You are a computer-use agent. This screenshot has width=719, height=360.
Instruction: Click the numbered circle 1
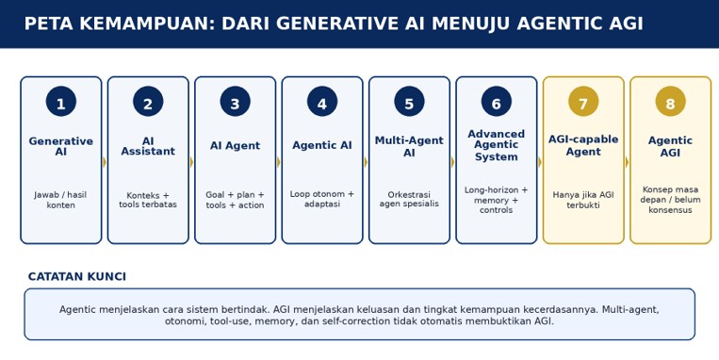coord(61,102)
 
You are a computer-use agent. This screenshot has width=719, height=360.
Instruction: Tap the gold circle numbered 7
coord(583,102)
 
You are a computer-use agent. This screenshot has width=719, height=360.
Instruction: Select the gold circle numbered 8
coord(670,102)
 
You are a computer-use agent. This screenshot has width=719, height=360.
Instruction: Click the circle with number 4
coord(322,102)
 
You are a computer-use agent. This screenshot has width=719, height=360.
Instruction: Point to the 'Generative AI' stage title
coord(61,146)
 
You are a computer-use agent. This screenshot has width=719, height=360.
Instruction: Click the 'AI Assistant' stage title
coord(148,146)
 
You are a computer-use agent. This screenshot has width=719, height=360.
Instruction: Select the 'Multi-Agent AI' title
coord(409,146)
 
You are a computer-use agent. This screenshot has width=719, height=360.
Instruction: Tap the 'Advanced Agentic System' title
coord(497,145)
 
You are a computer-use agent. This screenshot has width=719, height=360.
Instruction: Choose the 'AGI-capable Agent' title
coord(583,145)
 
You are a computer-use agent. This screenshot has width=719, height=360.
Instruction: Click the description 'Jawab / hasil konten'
coord(61,200)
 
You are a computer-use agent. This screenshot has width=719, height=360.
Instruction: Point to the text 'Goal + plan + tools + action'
coord(236,200)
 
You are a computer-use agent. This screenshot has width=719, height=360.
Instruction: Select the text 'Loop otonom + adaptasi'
coord(322,199)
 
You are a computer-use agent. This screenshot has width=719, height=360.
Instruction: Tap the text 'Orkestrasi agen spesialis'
coord(409,199)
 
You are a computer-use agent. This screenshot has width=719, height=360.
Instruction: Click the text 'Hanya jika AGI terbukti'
coord(583,200)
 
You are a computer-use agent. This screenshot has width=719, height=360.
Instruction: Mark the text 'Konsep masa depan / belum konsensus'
coord(670,200)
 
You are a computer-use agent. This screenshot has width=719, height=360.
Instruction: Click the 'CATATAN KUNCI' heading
coord(77,276)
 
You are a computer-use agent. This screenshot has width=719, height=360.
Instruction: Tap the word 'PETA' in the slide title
coord(48,24)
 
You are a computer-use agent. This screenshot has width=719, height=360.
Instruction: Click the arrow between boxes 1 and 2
coord(105,162)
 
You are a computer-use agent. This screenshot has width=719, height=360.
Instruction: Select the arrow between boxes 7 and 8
coord(627,162)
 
